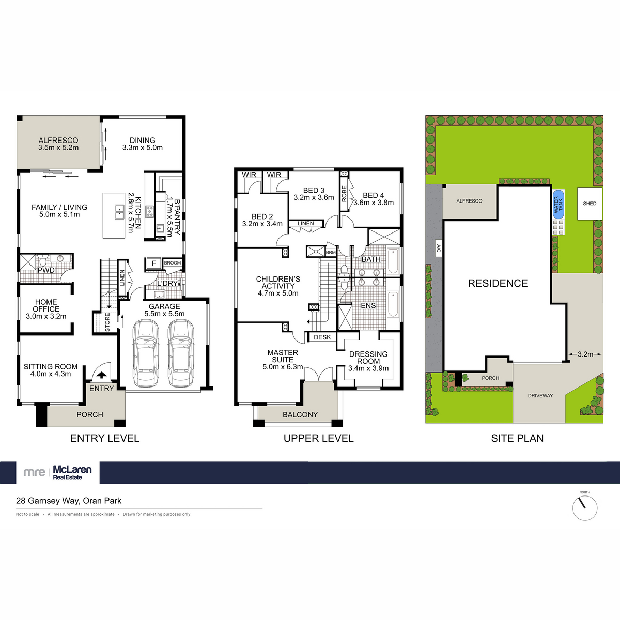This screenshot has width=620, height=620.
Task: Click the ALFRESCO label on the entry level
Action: pyautogui.click(x=58, y=140)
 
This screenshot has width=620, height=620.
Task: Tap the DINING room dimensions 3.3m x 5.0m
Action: pyautogui.click(x=143, y=148)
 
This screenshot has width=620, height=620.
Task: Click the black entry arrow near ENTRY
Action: pyautogui.click(x=102, y=375)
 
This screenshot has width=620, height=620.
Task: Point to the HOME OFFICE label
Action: pyautogui.click(x=46, y=305)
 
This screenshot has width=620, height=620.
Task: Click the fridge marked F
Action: pyautogui.click(x=153, y=263)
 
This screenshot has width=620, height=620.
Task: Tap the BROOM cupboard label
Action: pyautogui.click(x=173, y=263)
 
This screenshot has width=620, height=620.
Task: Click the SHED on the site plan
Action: pyautogui.click(x=590, y=204)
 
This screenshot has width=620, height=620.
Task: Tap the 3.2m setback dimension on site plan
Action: pyautogui.click(x=585, y=354)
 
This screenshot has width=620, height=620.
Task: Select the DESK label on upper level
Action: pyautogui.click(x=322, y=337)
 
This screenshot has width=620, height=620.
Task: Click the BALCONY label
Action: pyautogui.click(x=300, y=414)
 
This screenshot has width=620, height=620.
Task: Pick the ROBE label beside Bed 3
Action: pyautogui.click(x=344, y=193)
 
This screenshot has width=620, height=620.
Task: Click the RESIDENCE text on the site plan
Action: pyautogui.click(x=498, y=283)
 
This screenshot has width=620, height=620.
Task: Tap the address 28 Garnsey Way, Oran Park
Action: pyautogui.click(x=69, y=501)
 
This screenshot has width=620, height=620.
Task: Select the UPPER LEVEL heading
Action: pyautogui.click(x=318, y=439)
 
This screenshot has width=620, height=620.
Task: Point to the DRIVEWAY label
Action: pyautogui.click(x=540, y=396)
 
